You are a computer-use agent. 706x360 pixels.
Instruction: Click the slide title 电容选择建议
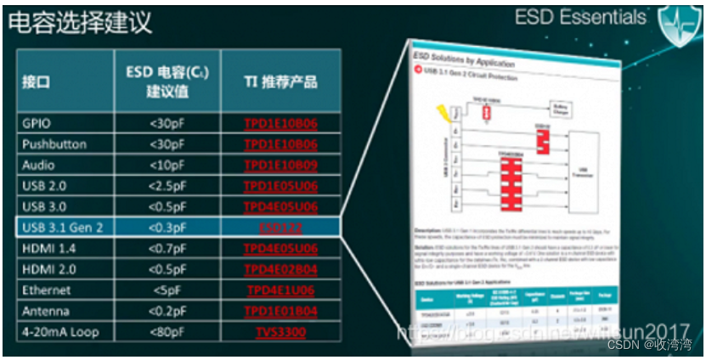[81, 23]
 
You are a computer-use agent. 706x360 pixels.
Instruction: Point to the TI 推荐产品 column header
[280, 82]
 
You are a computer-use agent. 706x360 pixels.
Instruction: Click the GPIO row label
[37, 123]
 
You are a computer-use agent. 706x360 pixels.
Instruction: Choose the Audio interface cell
[39, 165]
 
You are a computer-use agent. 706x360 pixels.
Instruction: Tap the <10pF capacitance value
[167, 165]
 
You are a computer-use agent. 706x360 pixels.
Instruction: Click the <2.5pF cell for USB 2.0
[167, 186]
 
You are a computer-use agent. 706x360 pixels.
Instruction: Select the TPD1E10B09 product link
[280, 165]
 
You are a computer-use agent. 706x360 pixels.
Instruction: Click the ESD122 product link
[280, 228]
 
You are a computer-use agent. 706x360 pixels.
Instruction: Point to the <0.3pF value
[167, 228]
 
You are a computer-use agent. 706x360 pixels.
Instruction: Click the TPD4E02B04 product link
[280, 269]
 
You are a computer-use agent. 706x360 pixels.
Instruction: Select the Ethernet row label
[46, 290]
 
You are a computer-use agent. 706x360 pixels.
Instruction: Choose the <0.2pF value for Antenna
[167, 311]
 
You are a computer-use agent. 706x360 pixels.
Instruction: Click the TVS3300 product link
[280, 332]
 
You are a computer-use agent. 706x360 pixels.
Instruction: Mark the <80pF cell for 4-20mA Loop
[167, 332]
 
